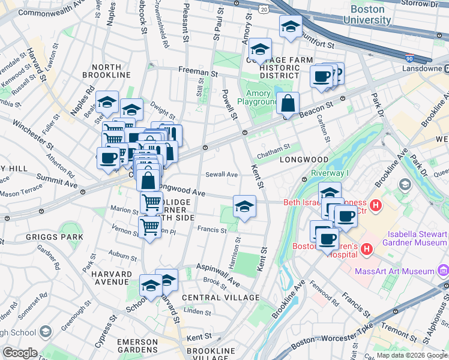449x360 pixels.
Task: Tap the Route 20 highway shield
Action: click(264, 9)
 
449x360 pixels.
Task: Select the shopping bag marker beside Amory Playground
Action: click(288, 104)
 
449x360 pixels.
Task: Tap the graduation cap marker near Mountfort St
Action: click(291, 27)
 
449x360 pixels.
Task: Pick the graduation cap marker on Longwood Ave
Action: click(244, 207)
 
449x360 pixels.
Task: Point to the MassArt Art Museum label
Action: click(402, 271)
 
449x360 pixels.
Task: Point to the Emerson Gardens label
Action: click(137, 346)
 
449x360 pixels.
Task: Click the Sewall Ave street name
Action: click(221, 175)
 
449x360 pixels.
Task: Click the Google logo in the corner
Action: click(20, 353)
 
